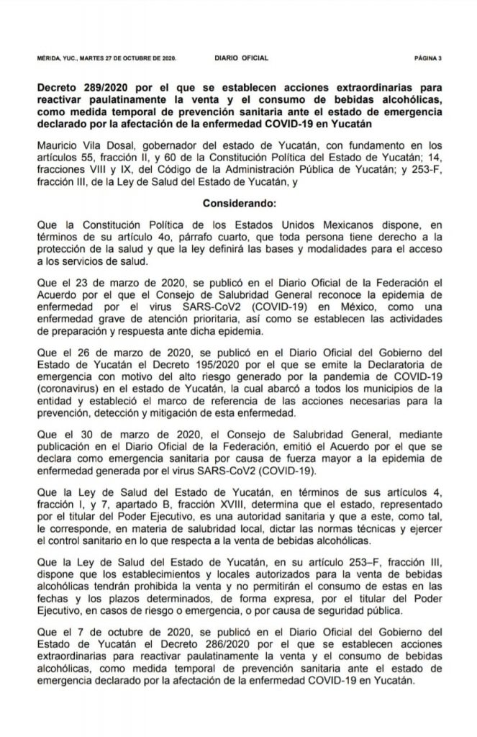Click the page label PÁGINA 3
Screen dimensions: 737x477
coord(428,55)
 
